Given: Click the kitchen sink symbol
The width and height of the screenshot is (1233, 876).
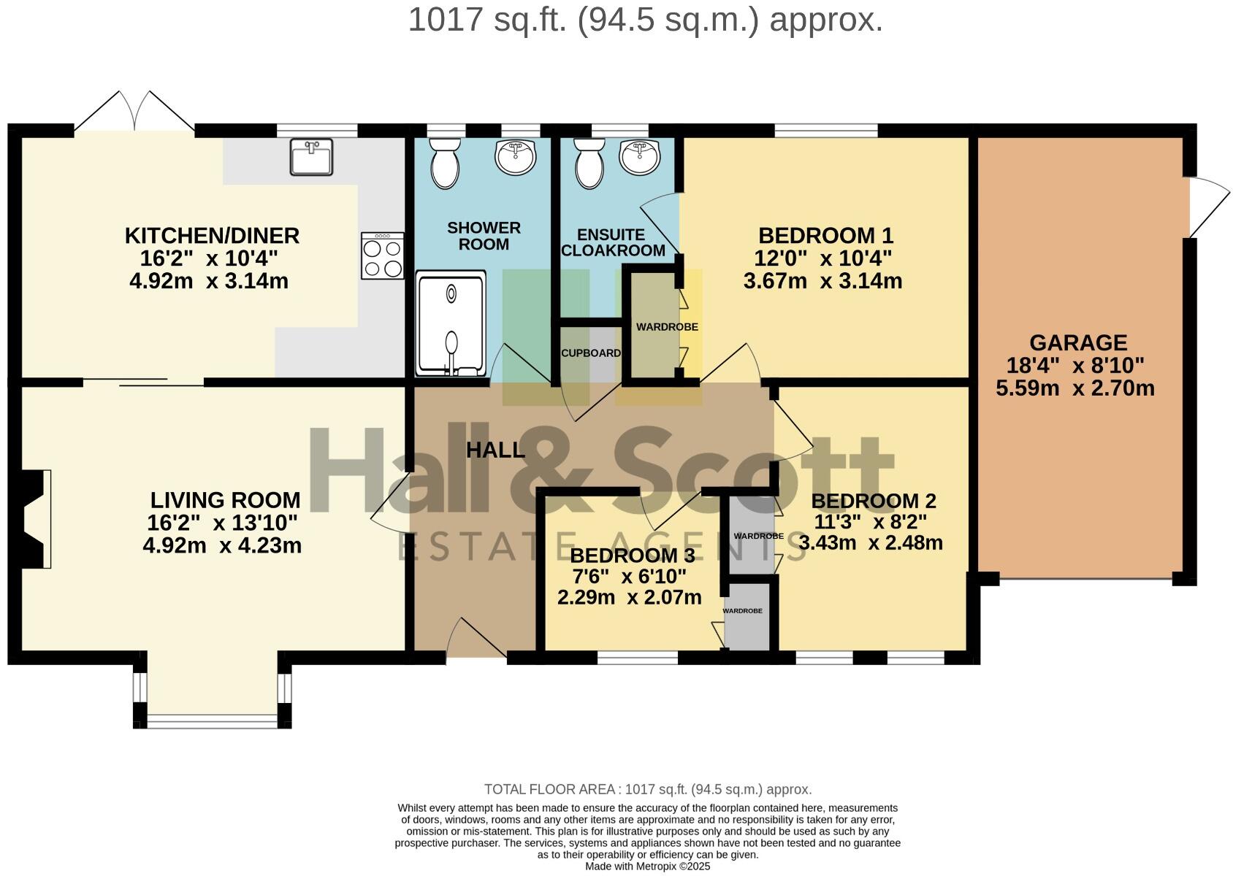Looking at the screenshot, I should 311,157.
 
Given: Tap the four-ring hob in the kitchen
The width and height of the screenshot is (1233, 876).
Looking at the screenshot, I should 383,255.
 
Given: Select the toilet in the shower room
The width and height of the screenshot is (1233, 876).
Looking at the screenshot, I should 444,164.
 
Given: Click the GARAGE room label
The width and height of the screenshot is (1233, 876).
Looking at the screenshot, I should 1078,342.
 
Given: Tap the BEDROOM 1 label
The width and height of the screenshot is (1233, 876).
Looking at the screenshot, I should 825,236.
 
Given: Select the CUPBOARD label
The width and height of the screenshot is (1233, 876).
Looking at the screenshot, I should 591,353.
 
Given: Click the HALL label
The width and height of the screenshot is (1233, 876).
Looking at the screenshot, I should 495,450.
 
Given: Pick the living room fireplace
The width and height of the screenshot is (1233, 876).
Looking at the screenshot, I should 35,518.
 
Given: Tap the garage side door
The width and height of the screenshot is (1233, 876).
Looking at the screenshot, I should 1207,207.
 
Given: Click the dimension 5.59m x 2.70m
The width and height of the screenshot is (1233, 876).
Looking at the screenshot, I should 1074,388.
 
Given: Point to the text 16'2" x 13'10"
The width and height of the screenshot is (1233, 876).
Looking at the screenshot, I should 222,523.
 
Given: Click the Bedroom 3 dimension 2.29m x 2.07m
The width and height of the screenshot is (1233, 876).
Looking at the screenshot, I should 629,597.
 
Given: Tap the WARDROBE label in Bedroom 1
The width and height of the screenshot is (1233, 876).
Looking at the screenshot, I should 666,327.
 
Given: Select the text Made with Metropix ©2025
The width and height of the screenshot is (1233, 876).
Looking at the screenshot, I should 647,867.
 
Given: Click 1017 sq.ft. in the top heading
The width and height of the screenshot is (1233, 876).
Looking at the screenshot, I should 488,20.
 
